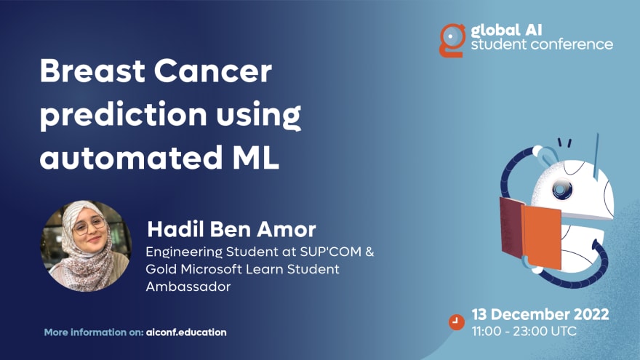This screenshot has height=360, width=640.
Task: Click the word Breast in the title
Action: pos(92,71)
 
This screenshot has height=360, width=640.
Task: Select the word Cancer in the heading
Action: pos(213,71)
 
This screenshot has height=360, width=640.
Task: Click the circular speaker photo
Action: pos(86,246)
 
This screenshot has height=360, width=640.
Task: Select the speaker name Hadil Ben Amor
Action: pos(231,229)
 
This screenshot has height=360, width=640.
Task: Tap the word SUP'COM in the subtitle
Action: pos(331,252)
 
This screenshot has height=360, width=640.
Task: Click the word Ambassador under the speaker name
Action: pos(188,287)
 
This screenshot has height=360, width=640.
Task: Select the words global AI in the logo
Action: pos(506,31)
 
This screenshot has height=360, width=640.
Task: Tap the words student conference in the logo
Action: pos(542,44)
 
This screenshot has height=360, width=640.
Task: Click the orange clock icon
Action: pos(456,321)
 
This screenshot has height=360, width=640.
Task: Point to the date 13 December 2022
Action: pos(540,314)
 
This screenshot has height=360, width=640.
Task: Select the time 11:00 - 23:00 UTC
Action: pos(524,331)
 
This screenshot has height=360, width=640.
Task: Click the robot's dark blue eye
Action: pos(561,189)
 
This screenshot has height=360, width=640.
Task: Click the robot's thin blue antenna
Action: pos(596,156)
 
